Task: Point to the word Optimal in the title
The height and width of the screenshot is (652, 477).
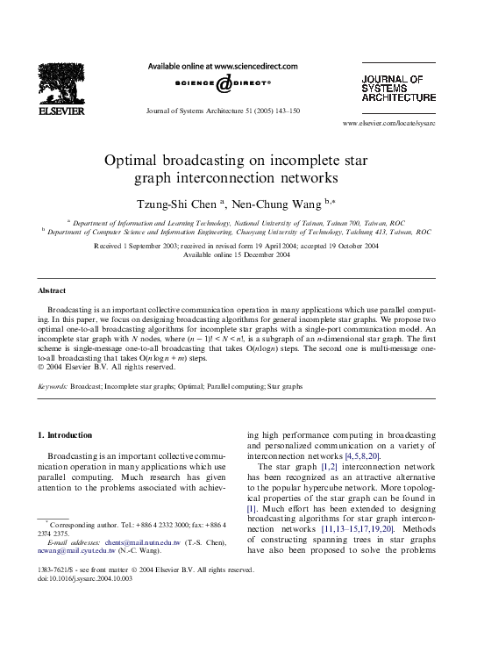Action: coord(132,161)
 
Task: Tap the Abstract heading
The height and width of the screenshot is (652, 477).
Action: coord(52,290)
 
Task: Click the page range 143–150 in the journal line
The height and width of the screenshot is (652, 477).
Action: coord(287,111)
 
